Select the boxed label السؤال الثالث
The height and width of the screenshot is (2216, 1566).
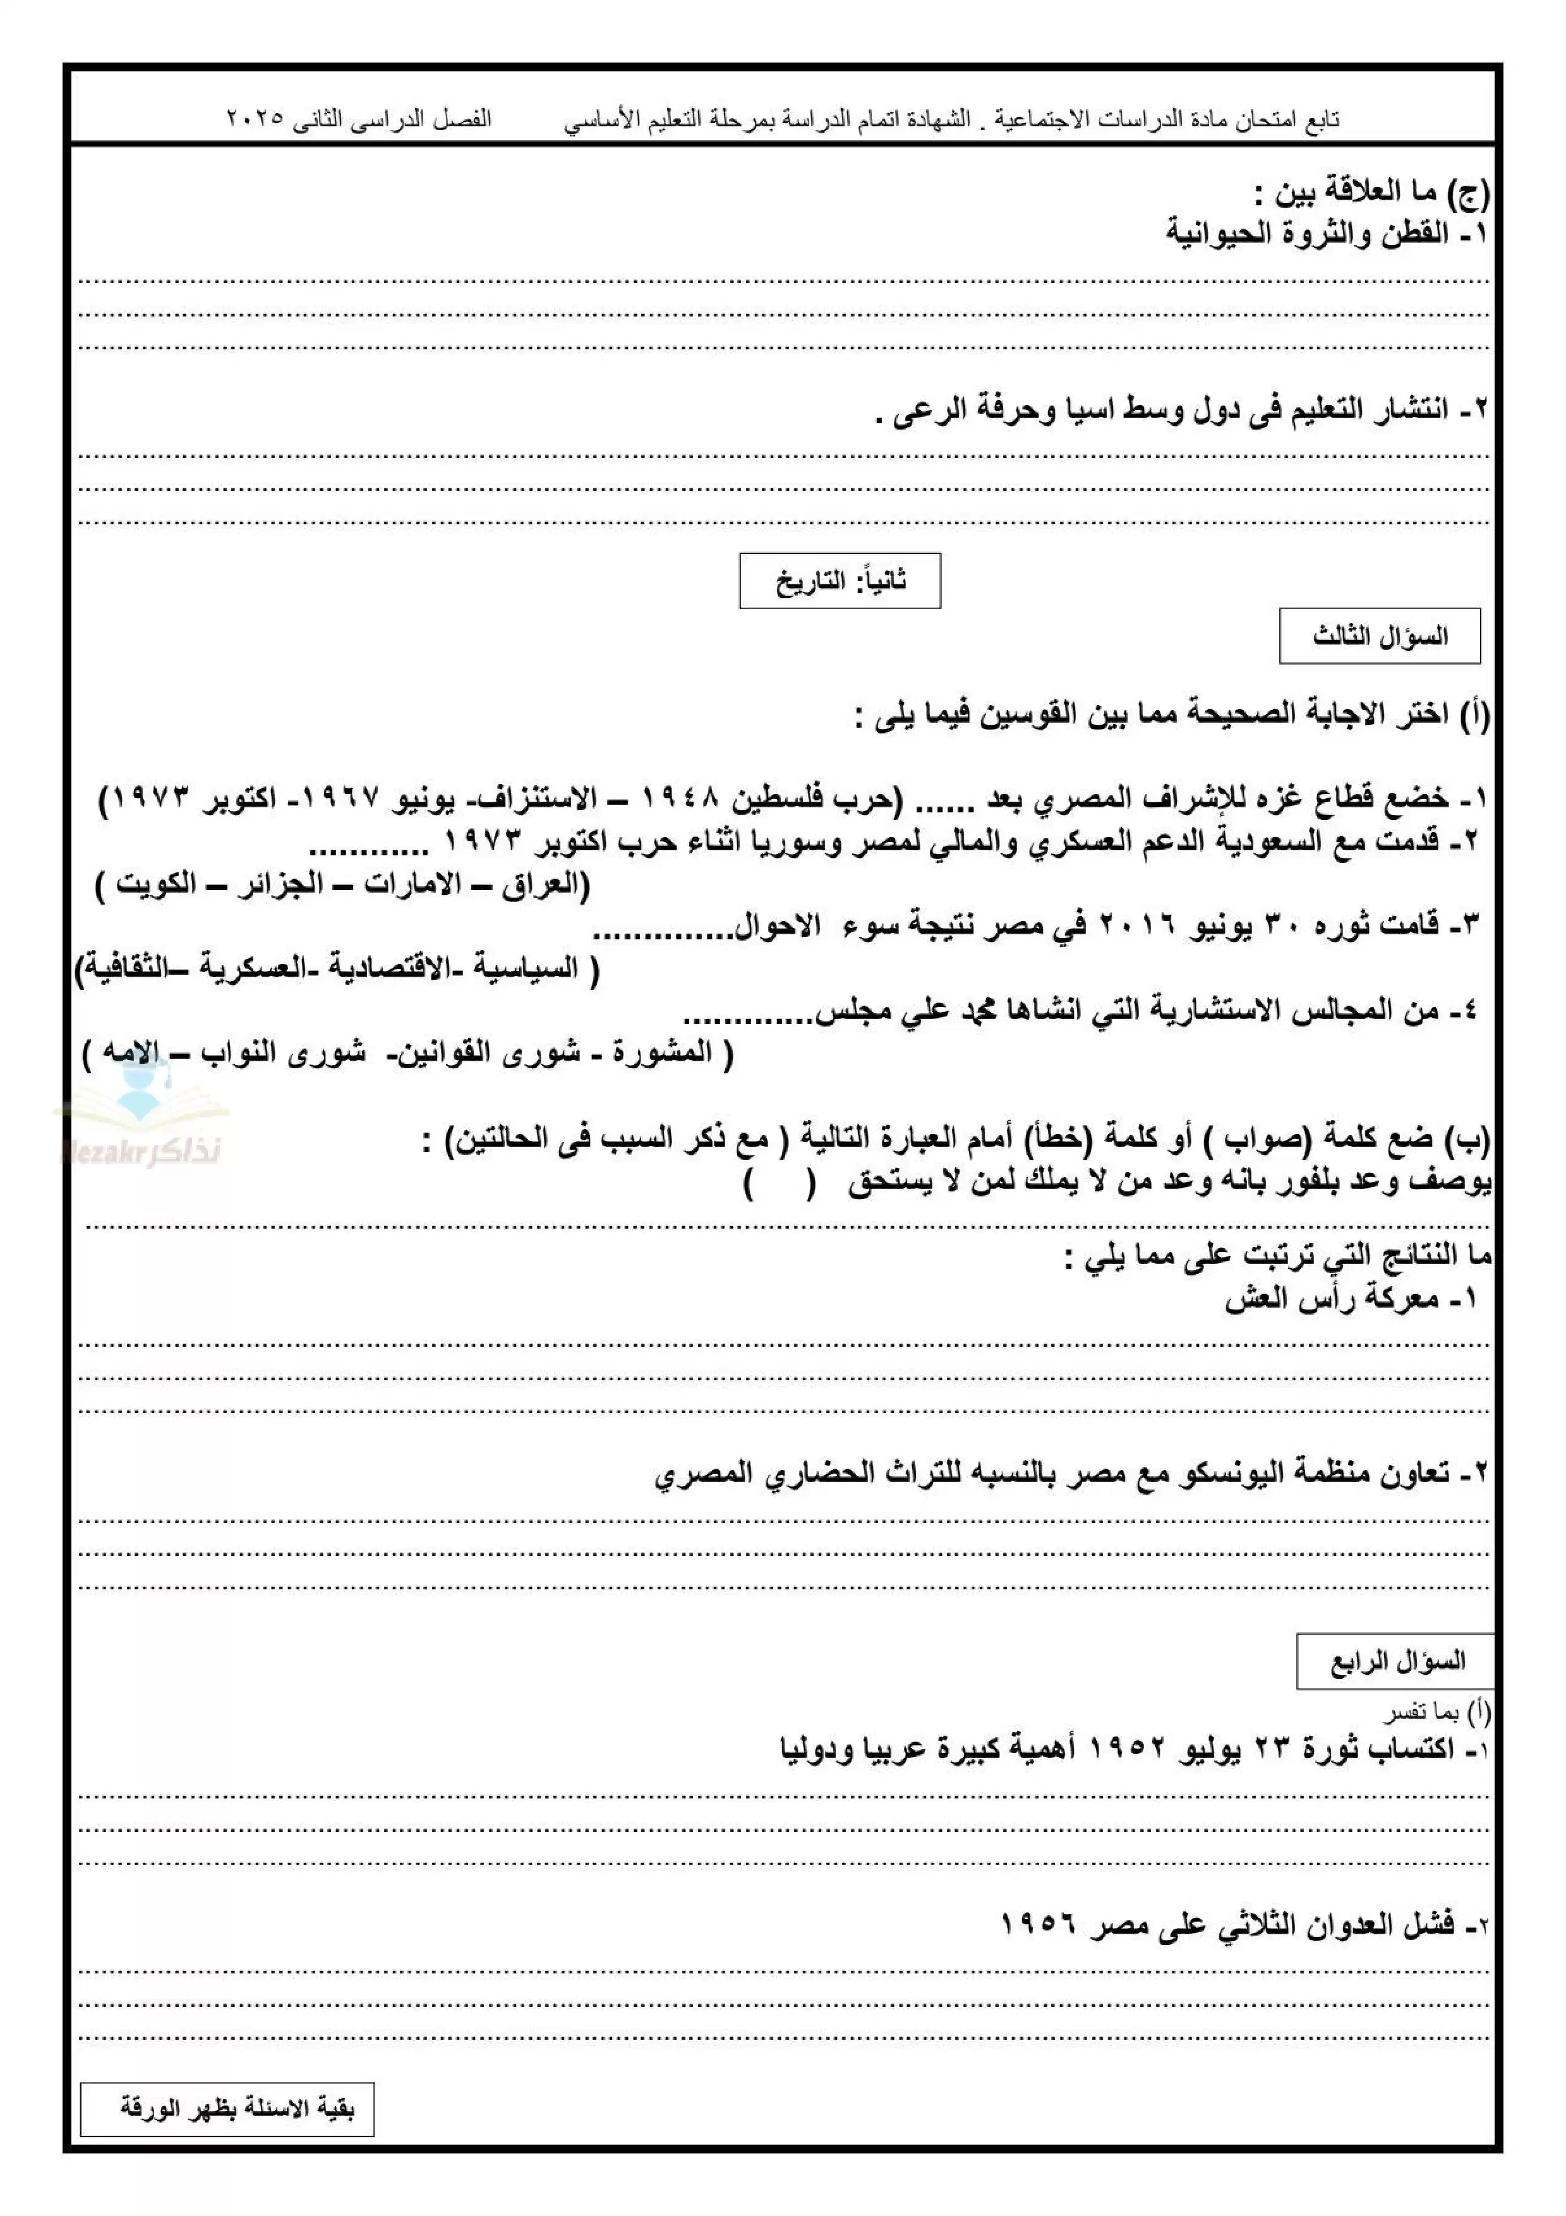pyautogui.click(x=1379, y=636)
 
